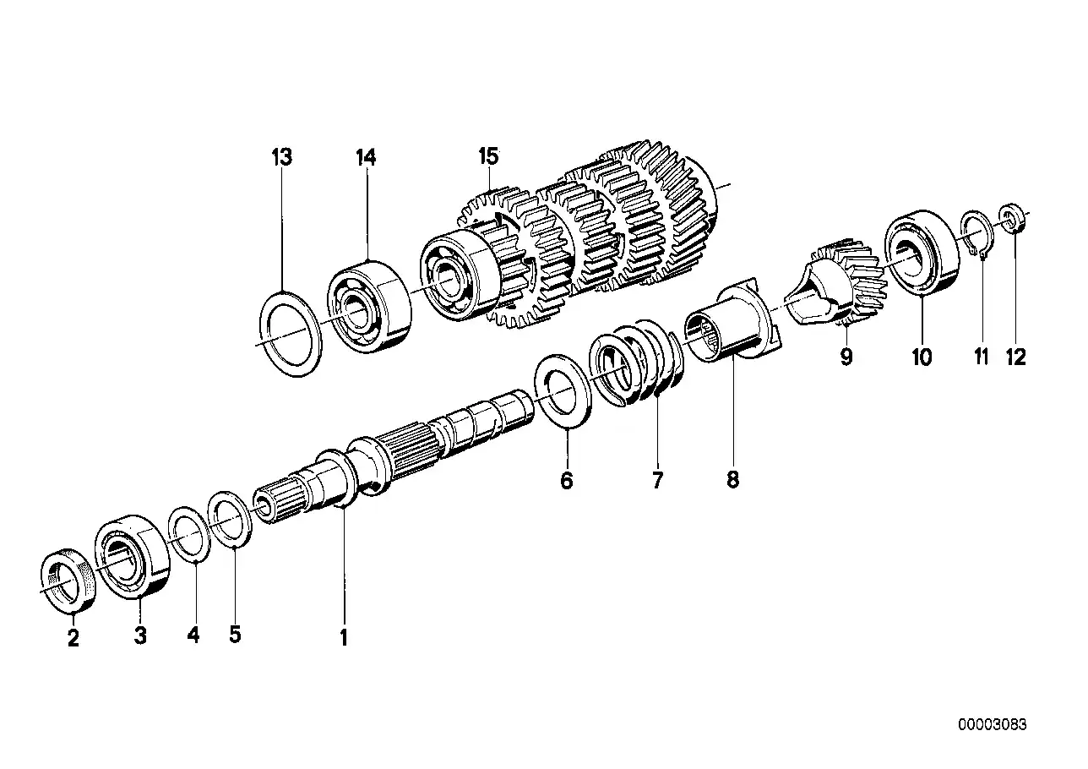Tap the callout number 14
(366, 157)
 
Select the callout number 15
(488, 156)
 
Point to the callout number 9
(846, 357)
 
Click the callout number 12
(1015, 357)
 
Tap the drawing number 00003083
(992, 725)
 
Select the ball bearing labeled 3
(133, 559)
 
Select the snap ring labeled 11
(976, 232)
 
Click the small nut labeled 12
(1012, 219)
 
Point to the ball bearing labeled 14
(368, 295)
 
